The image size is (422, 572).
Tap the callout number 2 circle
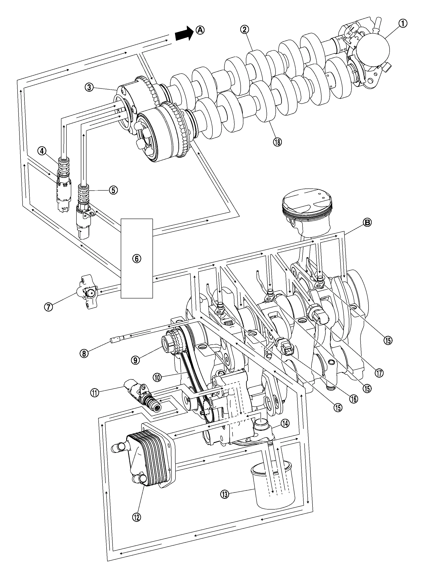pos(244,30)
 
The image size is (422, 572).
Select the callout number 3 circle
pos(89,88)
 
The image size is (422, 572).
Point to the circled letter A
pos(200,30)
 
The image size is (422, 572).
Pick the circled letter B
pos(367,223)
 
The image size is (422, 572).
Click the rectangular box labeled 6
pos(137,258)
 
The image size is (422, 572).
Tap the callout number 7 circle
pos(48,306)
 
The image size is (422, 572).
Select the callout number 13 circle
pos(225,494)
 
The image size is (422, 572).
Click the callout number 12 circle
pos(137,517)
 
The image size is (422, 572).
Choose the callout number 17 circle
pos(379,373)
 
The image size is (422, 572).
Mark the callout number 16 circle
pos(354,399)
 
